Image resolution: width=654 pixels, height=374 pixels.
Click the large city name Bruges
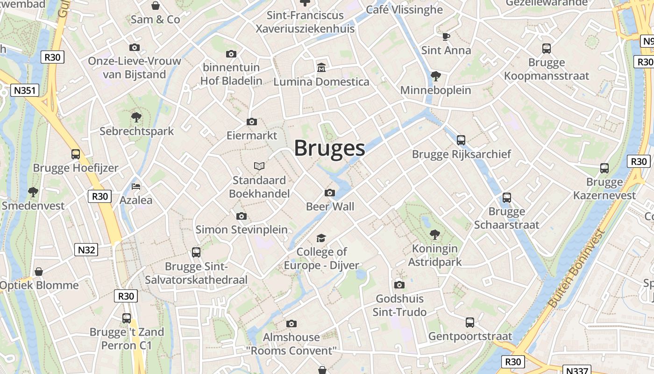329,148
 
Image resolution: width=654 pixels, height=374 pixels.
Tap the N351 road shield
25,90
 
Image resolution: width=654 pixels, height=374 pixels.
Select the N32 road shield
86,250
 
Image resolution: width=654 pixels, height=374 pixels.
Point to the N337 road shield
576,370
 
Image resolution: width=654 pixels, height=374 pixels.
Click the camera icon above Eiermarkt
251,122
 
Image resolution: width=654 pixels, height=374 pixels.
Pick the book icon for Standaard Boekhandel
259,166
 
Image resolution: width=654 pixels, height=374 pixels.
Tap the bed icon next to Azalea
136,186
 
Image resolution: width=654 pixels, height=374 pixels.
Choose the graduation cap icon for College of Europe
321,238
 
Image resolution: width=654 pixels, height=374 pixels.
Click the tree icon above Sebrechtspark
136,117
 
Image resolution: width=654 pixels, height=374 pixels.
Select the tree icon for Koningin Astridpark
434,234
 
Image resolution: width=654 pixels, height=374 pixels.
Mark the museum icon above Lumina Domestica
321,68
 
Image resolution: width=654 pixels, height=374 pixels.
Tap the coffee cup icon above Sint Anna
446,36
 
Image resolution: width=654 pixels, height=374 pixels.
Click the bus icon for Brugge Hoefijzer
76,154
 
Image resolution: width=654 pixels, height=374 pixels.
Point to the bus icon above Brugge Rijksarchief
461,140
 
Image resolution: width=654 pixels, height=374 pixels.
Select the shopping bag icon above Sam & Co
155,6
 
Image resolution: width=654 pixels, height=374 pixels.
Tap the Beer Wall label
330,207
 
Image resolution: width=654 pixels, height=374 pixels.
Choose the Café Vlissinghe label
404,9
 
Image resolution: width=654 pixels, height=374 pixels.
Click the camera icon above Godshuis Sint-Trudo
399,285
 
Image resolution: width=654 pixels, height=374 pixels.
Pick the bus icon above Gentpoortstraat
470,322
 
